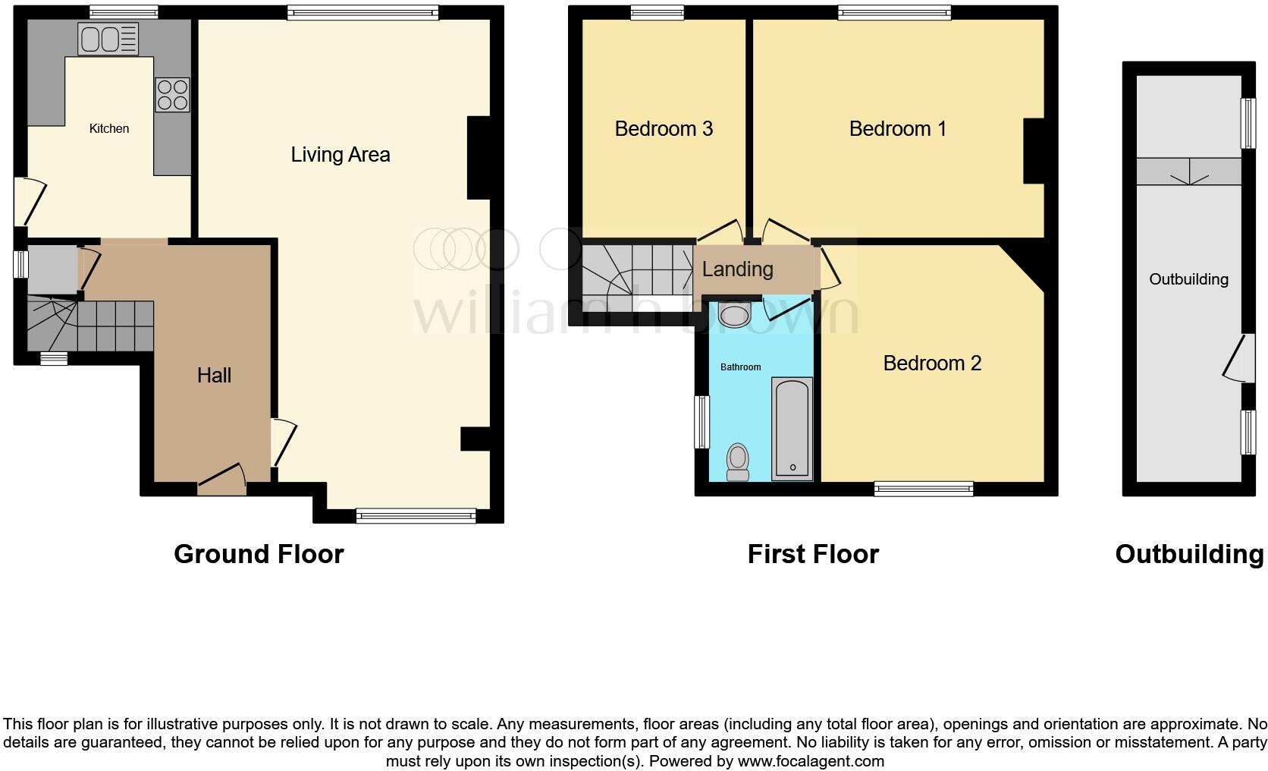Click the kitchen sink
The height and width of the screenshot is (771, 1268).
(x=108, y=39)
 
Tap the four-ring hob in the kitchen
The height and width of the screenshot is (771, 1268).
(x=172, y=95)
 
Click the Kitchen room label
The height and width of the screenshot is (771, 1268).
(x=109, y=128)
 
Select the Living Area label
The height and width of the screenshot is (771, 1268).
(x=341, y=155)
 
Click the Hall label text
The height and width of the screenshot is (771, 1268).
(x=214, y=375)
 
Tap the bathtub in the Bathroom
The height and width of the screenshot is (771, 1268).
(x=792, y=429)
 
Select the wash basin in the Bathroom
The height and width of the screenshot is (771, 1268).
(x=734, y=313)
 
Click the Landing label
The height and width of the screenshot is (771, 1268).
(x=737, y=269)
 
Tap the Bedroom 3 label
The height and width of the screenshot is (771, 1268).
(x=664, y=128)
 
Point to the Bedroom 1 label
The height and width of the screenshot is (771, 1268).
(x=897, y=128)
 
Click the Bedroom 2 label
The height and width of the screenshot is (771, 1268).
(x=932, y=363)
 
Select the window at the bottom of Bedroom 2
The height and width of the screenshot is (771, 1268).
(x=923, y=489)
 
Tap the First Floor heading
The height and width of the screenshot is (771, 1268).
(x=813, y=554)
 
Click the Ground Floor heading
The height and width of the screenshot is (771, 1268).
(x=259, y=554)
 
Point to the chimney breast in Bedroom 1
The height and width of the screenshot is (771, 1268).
(x=1033, y=151)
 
